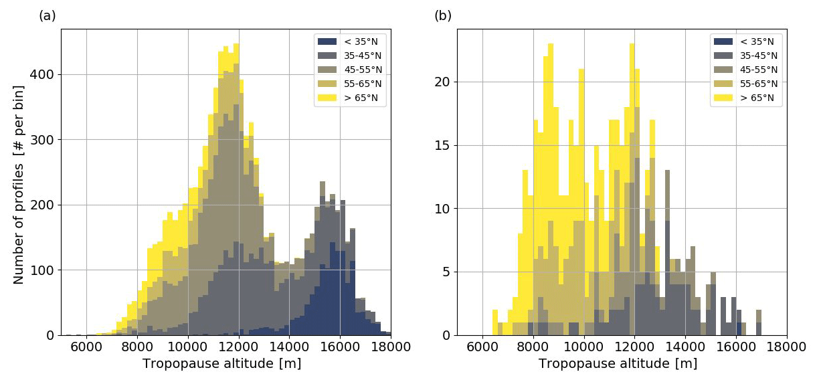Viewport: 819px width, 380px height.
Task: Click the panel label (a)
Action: [47, 16]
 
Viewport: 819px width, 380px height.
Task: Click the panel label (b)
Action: [443, 16]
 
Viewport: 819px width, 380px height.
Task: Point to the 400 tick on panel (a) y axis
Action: [45, 75]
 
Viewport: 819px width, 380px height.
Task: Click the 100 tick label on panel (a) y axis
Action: [45, 270]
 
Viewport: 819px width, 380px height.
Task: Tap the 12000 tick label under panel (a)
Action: [238, 348]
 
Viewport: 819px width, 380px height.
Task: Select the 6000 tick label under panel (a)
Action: [86, 348]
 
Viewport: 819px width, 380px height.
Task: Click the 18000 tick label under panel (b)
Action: [787, 348]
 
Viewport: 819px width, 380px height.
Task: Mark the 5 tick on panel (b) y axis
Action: [448, 272]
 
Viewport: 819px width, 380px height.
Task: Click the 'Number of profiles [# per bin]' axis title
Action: [19, 185]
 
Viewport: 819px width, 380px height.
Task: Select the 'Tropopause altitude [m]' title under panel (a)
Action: [221, 364]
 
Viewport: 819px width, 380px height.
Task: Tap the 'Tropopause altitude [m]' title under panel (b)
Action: [618, 364]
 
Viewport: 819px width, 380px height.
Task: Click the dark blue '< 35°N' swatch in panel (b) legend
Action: [724, 41]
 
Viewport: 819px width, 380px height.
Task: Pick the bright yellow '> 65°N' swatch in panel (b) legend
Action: [724, 98]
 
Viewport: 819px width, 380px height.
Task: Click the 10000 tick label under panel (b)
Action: [584, 348]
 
